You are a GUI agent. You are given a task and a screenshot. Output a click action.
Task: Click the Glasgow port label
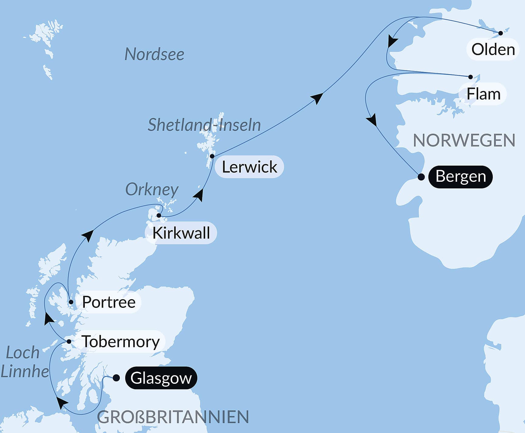[x=161, y=378]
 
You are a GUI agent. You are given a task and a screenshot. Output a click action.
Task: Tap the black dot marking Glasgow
[x=116, y=378]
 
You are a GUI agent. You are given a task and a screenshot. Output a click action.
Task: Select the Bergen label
[x=460, y=177]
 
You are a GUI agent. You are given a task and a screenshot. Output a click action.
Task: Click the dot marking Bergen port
[x=421, y=177]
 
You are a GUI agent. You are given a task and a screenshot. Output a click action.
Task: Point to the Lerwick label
[x=249, y=167]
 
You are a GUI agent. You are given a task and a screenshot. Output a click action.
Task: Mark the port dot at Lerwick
[x=212, y=156]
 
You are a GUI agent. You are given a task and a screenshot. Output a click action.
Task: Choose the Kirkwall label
[x=181, y=233]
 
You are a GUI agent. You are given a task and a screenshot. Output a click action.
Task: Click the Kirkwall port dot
[x=159, y=215]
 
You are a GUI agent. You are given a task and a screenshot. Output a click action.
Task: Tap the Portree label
[x=109, y=302]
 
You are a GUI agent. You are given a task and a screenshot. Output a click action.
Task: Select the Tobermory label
[x=121, y=342]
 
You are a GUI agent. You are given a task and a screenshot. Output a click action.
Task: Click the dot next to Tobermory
[x=69, y=342]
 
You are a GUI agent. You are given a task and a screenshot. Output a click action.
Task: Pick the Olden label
[x=493, y=49]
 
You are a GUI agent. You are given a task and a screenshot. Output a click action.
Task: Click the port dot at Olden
[x=501, y=33]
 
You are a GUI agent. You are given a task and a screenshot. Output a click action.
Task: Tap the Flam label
[x=483, y=94]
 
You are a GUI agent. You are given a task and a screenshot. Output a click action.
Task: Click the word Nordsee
[x=154, y=54]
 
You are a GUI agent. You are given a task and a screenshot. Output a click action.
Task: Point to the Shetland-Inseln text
[x=204, y=125]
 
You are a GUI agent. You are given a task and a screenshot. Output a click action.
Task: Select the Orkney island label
[x=152, y=190]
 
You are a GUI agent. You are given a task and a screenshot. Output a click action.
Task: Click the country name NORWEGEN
[x=464, y=140]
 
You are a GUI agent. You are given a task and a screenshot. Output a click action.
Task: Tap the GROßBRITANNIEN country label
[x=173, y=417]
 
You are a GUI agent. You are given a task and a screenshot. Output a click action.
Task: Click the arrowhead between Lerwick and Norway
[x=317, y=98]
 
